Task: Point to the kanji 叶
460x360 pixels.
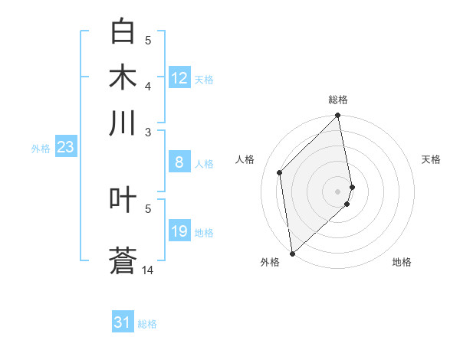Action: (123, 200)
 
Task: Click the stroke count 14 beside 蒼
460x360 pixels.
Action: (148, 270)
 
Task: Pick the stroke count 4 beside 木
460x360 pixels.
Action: (148, 86)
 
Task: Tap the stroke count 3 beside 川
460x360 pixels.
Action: (148, 132)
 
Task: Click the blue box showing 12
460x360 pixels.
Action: (179, 78)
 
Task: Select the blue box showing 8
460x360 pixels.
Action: (179, 162)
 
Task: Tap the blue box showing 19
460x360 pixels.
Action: (179, 231)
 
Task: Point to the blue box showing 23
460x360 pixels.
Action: (64, 147)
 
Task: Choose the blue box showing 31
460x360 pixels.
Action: (123, 322)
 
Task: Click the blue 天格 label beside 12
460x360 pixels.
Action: (204, 79)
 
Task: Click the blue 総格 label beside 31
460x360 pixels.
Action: (147, 324)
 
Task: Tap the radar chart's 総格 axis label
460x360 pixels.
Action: (338, 100)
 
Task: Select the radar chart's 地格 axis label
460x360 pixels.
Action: (402, 262)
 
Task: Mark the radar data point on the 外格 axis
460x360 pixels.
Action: (292, 253)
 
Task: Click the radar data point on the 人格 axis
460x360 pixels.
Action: (280, 172)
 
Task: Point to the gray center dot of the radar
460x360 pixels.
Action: (338, 191)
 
